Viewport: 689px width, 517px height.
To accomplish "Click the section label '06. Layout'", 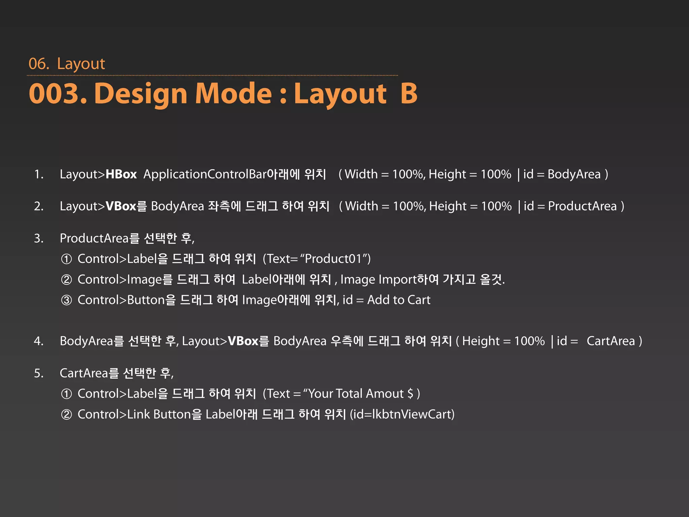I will [67, 64].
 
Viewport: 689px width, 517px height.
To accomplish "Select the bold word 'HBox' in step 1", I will [121, 174].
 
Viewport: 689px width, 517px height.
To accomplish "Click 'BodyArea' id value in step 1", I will [574, 174].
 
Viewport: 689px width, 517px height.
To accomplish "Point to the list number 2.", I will [39, 206].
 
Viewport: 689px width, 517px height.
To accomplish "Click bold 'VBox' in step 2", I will [121, 206].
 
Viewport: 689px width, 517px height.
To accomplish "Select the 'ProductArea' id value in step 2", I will [582, 206].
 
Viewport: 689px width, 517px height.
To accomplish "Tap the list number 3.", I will [39, 238].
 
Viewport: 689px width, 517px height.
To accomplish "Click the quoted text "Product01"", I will [333, 259].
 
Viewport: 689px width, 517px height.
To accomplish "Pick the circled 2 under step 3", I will [67, 280].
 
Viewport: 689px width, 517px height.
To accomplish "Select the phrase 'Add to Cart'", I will [399, 300].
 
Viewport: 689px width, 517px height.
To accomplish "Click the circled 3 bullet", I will [67, 300].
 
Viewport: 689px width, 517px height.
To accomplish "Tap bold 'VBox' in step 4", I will [243, 341].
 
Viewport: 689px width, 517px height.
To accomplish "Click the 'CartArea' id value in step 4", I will [611, 341].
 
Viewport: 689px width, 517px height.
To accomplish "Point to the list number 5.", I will [39, 373].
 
